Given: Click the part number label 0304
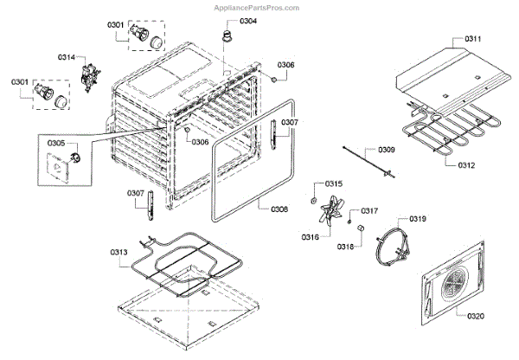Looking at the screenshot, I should tap(247, 20).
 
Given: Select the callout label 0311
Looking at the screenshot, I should tap(473, 40).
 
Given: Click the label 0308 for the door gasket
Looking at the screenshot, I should tap(279, 209).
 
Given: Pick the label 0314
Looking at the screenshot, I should tap(67, 57).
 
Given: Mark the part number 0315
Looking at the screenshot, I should tap(334, 183).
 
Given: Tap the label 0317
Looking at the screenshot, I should tap(369, 210).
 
